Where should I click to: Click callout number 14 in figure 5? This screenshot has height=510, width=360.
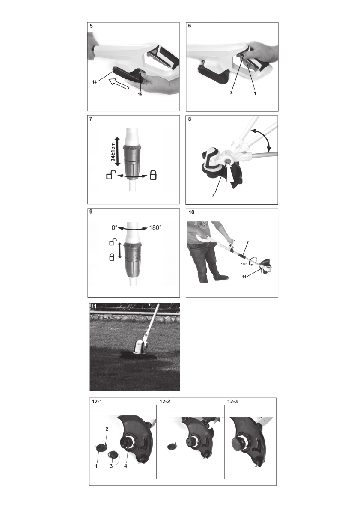click(x=94, y=82)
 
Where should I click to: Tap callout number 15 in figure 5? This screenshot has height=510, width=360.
click(x=140, y=94)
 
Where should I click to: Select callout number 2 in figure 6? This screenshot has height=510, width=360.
click(x=231, y=92)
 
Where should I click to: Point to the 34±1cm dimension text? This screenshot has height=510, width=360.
click(x=113, y=152)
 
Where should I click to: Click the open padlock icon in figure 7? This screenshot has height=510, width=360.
click(x=110, y=175)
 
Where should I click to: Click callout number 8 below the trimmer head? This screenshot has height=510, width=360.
click(x=213, y=196)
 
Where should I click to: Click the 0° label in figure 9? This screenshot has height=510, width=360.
click(x=114, y=228)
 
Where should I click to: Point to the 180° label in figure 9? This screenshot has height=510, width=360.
click(x=155, y=228)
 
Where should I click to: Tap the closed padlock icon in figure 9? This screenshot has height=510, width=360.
click(x=112, y=257)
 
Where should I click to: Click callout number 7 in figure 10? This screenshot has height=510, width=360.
click(x=247, y=242)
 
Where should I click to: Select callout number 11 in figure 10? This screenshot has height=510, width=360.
click(x=244, y=277)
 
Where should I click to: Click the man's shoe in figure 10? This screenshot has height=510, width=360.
click(x=221, y=278)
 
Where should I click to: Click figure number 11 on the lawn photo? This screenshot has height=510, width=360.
click(x=94, y=307)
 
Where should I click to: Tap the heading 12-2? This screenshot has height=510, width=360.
click(x=164, y=401)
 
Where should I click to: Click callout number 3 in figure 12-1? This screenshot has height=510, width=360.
click(x=111, y=466)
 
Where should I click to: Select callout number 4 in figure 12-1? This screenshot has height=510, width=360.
click(x=125, y=466)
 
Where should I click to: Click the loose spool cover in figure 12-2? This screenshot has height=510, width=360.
click(x=171, y=447)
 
